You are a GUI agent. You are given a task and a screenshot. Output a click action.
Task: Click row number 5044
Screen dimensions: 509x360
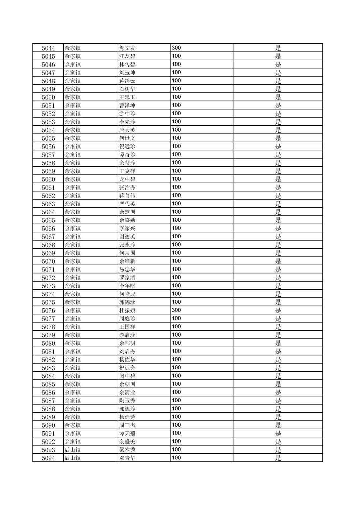coord(48,48)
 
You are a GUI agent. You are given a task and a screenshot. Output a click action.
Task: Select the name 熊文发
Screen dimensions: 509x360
coord(127,48)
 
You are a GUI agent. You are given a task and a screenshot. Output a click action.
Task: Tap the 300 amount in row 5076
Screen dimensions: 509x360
coord(176,310)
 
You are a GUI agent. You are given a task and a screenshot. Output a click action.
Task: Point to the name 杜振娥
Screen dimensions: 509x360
coord(127,310)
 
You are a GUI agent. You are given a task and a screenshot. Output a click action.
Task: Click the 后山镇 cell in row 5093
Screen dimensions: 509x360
coord(73,450)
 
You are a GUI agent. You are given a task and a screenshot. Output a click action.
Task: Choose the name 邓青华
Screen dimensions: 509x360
coord(127,458)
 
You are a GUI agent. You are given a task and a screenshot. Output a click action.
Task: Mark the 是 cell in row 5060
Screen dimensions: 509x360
coord(278,179)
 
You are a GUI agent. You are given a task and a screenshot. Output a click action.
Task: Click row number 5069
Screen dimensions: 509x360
coord(48,253)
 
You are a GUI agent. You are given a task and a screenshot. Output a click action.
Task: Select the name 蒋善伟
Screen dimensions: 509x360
coord(127,196)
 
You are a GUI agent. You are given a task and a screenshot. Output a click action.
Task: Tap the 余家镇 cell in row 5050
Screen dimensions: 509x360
coord(73,97)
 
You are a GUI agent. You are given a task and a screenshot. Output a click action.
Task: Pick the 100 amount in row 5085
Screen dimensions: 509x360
coord(176,384)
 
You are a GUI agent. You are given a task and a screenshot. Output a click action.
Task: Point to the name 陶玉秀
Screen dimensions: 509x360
coord(127,401)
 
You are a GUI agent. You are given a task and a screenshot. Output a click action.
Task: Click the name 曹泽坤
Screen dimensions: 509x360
coord(127,105)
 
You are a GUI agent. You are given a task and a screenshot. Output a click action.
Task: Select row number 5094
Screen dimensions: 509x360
coord(48,458)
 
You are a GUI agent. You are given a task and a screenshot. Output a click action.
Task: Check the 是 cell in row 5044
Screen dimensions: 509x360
coord(278,48)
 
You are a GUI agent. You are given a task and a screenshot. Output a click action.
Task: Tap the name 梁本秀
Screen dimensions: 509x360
coord(127,450)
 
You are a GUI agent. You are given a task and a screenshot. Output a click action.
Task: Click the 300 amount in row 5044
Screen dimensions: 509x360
coord(176,48)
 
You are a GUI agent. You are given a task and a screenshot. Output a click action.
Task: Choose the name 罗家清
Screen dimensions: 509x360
coord(127,278)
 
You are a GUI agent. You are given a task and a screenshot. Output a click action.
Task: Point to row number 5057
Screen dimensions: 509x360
coord(48,155)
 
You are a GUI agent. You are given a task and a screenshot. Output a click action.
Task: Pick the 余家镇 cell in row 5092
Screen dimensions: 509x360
coord(73,442)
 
